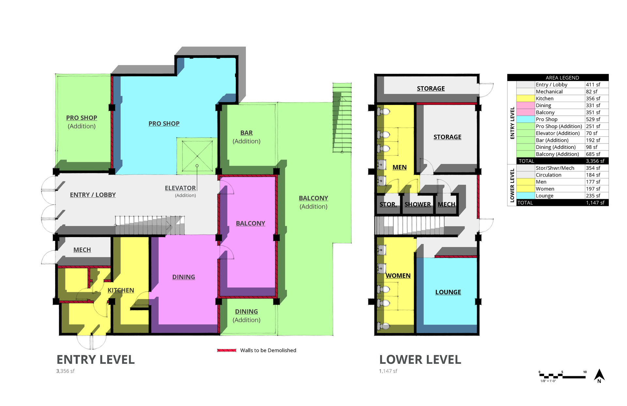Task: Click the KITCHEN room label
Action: [121, 290]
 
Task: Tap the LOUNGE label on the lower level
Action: [448, 292]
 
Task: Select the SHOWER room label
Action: [418, 204]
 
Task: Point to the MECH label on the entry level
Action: [82, 250]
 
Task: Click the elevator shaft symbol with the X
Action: [197, 156]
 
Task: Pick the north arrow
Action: [599, 376]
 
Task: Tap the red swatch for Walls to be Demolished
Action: [227, 350]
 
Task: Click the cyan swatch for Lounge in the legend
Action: [526, 195]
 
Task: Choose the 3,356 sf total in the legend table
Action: [595, 161]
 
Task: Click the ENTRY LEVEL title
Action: [96, 360]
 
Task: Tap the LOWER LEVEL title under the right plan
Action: [420, 360]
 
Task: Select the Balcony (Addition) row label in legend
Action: [557, 154]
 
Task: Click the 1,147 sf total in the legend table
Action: [595, 203]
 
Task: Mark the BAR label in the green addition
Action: [247, 133]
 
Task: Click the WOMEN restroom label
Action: [398, 276]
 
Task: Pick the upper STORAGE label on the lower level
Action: [431, 88]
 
